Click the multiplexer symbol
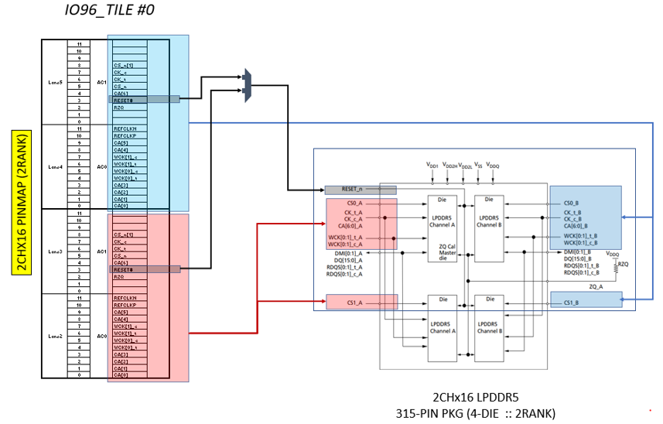247,85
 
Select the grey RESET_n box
360,190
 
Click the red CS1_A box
361,301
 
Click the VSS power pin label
478,166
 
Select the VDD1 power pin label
432,166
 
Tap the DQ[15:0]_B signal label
580,258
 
